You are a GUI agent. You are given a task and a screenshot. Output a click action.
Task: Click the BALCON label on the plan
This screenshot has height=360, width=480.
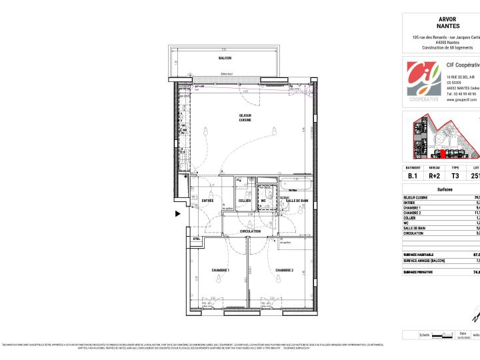(x=225, y=58)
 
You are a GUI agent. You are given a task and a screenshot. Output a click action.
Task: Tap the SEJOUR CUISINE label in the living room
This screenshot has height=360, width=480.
(x=246, y=118)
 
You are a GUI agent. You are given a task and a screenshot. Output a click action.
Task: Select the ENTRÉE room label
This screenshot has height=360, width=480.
(x=207, y=201)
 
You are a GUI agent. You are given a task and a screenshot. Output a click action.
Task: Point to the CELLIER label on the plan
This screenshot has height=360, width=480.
(x=245, y=201)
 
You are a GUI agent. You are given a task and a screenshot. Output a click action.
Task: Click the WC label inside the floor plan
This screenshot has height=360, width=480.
(x=263, y=201)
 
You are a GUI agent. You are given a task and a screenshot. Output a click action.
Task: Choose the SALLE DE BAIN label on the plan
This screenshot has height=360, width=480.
(x=297, y=201)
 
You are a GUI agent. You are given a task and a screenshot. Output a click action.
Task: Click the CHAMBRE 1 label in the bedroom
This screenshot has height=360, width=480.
(x=221, y=270)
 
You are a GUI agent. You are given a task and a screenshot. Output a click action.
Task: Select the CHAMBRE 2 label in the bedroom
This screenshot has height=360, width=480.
(x=285, y=270)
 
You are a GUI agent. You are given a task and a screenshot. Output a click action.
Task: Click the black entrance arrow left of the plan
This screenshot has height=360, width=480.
(x=177, y=214)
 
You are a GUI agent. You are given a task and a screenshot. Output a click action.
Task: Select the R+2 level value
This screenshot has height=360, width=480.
(x=435, y=176)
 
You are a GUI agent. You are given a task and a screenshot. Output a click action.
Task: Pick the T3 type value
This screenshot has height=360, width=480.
(x=455, y=176)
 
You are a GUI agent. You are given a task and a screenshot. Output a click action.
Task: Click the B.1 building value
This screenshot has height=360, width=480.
(x=413, y=176)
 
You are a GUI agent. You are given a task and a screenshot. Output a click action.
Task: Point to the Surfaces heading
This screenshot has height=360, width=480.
(x=445, y=190)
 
